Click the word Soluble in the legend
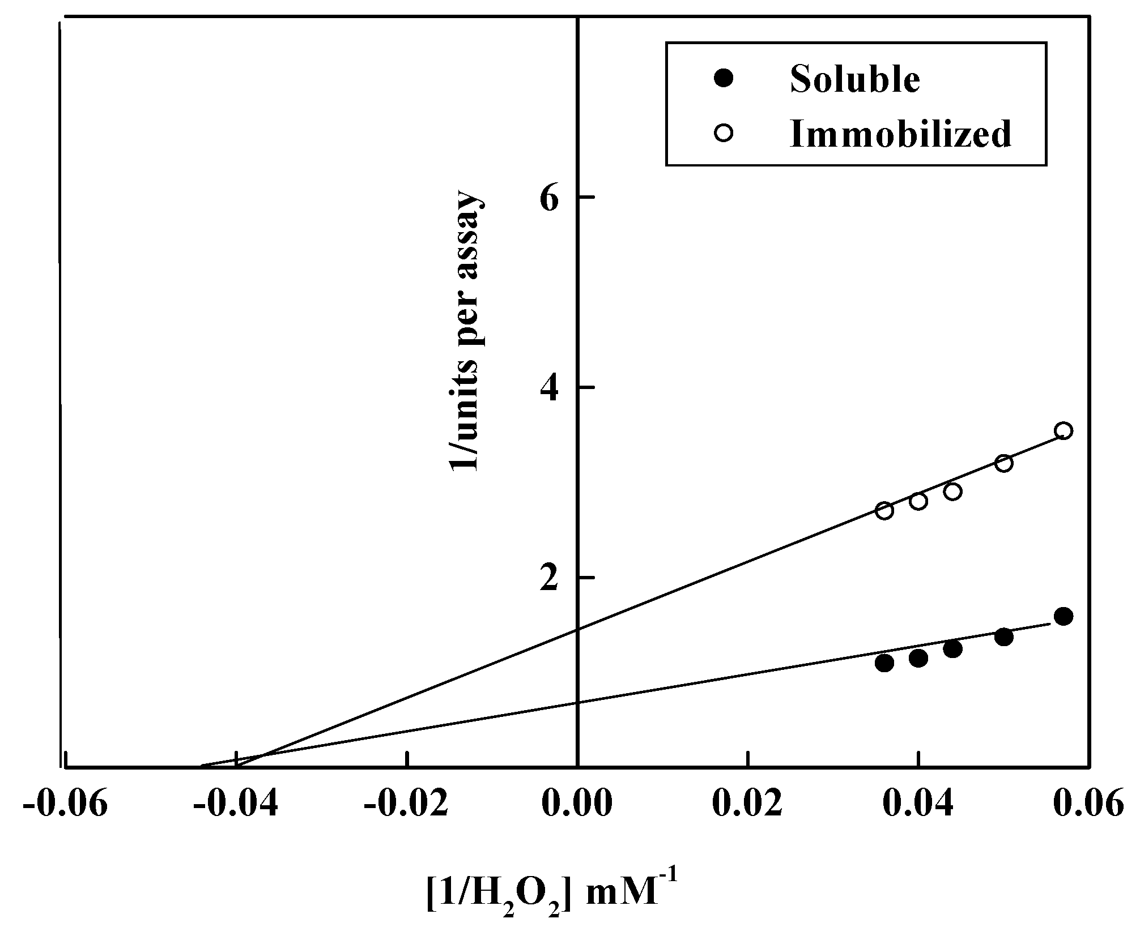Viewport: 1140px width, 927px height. point(855,79)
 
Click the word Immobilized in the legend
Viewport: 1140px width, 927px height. point(900,134)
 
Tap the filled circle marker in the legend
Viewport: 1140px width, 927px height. point(724,78)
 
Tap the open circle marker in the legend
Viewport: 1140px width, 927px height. point(724,134)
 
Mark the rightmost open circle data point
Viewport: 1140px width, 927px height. point(1064,431)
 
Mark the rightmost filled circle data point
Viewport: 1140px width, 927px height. point(1064,616)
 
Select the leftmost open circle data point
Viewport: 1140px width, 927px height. point(884,511)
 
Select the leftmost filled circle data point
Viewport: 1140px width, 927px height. point(884,663)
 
